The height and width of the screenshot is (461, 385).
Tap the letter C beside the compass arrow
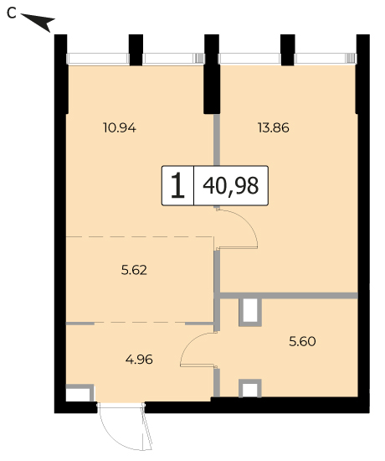pos(12,13)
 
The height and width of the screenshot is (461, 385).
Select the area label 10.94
pos(120,128)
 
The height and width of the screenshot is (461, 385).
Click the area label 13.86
pos(274,128)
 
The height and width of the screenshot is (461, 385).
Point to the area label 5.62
pos(134,270)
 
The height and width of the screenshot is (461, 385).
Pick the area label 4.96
pos(139,360)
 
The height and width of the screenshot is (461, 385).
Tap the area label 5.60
pos(302,341)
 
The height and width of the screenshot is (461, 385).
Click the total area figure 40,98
pos(231,186)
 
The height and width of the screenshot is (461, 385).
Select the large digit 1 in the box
pos(177,185)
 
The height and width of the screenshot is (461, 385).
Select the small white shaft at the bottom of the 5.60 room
pos(250,389)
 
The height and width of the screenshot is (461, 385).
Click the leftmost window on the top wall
pos(98,59)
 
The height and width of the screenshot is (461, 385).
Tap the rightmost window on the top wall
pos(325,59)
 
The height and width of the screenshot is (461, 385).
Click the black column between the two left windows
pos(136,50)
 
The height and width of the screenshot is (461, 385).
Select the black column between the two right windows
pos(288,50)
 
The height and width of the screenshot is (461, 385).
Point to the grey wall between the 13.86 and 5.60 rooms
pos(289,296)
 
